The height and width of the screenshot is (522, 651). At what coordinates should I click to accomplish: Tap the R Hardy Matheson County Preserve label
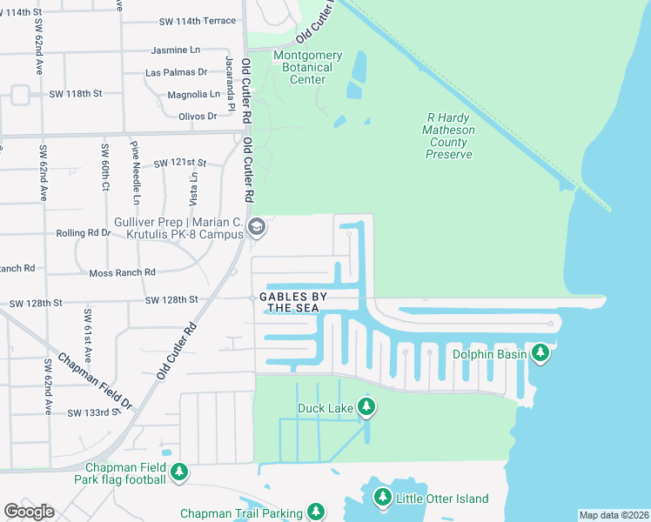click(x=449, y=136)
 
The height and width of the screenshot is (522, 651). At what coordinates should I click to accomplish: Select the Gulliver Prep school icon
click(x=257, y=229)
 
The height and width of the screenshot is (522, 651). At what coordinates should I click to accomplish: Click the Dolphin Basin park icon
click(x=541, y=352)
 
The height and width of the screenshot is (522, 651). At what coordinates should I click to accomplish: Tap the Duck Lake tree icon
click(x=367, y=407)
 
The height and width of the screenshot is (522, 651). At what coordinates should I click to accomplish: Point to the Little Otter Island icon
click(x=382, y=498)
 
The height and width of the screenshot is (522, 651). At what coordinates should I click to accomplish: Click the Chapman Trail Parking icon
click(x=318, y=512)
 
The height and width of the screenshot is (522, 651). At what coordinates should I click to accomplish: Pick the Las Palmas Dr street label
click(x=177, y=72)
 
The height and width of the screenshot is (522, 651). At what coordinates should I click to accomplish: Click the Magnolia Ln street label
click(x=193, y=94)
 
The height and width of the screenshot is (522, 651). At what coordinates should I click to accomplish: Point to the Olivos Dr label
click(x=197, y=116)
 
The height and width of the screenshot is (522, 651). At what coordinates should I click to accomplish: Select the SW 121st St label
click(x=179, y=163)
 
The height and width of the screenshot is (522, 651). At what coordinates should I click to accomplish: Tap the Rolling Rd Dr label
click(x=84, y=232)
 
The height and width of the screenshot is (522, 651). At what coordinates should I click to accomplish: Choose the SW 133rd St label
click(x=92, y=412)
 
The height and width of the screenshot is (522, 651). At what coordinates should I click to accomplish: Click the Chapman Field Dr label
click(x=95, y=382)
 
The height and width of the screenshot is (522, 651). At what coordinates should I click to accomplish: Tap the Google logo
click(x=29, y=512)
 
